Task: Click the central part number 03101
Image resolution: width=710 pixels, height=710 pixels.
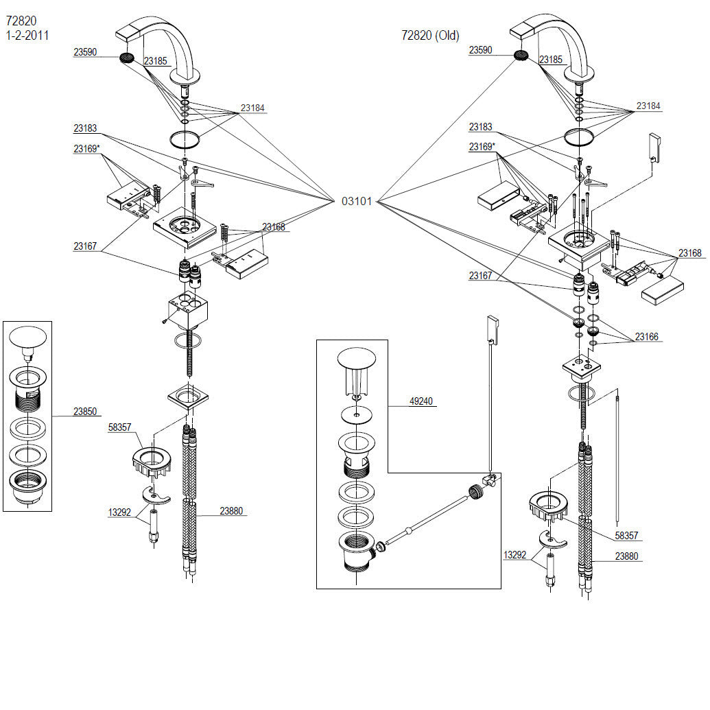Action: click(356, 201)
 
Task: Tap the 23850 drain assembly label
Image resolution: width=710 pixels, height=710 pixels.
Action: click(85, 411)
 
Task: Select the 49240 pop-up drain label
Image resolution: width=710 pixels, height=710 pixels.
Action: click(421, 401)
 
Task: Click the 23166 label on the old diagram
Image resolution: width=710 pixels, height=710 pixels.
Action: click(647, 336)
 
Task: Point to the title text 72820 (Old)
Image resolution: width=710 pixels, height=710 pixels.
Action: click(430, 35)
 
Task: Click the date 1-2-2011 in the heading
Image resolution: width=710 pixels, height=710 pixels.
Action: click(27, 35)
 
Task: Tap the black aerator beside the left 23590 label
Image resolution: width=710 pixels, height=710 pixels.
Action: click(127, 58)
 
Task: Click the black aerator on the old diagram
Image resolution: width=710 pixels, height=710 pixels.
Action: click(521, 56)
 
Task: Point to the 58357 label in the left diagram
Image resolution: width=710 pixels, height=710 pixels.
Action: click(119, 427)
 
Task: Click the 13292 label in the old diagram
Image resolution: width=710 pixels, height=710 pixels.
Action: click(515, 555)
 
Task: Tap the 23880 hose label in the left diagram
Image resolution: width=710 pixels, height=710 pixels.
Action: click(231, 511)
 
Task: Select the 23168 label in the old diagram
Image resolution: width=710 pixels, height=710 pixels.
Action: click(689, 252)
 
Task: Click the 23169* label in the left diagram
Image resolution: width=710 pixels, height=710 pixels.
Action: click(86, 149)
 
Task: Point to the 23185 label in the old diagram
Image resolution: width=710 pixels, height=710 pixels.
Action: click(551, 59)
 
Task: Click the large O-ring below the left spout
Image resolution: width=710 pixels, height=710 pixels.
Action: click(185, 139)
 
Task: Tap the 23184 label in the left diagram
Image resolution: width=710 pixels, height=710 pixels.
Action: click(252, 108)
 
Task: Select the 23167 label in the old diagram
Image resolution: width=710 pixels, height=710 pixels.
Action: click(480, 275)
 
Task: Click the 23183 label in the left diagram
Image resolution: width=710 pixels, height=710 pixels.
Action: click(85, 128)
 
